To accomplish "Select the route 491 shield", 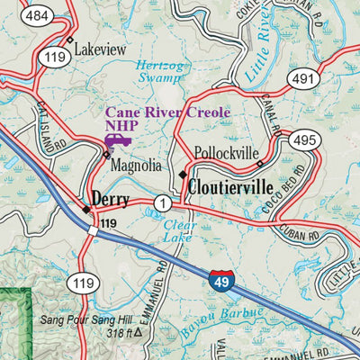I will (301, 80).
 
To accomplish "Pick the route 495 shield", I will (303, 139).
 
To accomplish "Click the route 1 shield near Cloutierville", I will (162, 203).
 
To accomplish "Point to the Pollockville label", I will (227, 154).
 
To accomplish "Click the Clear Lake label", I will (178, 230).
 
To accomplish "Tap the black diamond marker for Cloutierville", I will (184, 174).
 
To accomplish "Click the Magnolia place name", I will (135, 166).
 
